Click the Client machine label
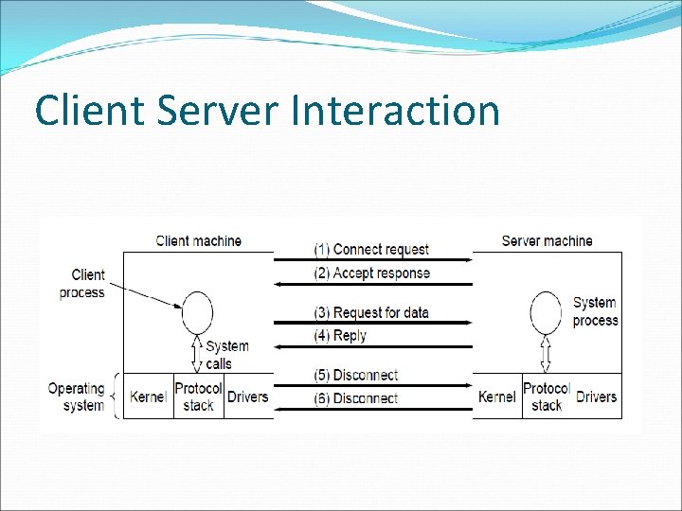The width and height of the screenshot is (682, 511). [198, 241]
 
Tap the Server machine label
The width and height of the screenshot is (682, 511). [547, 241]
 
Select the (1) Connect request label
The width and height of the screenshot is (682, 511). [371, 250]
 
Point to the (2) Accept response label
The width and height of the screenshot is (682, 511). [371, 273]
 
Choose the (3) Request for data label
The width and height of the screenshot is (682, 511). [371, 313]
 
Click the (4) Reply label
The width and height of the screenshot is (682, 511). [341, 336]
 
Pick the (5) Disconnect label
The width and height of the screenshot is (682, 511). [356, 376]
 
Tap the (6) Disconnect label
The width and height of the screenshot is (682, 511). [356, 399]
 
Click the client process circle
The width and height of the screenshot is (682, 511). [197, 313]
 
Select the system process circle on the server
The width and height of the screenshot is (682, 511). [546, 313]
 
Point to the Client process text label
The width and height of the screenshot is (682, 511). [81, 284]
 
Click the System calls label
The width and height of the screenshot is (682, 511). [226, 355]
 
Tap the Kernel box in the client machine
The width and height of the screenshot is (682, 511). [147, 397]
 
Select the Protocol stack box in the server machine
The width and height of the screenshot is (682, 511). [547, 397]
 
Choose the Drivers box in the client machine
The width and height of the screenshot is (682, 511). [248, 397]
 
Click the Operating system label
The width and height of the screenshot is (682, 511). [76, 397]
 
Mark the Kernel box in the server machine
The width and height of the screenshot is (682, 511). [497, 397]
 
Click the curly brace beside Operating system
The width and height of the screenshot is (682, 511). [117, 396]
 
